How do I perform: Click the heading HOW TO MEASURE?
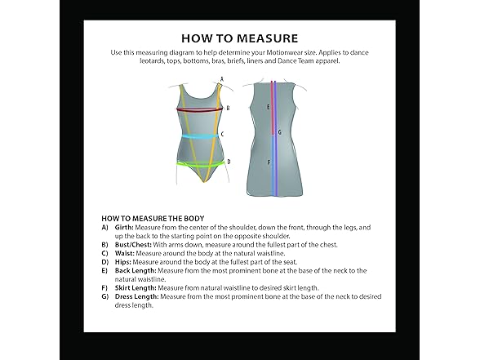point(240,38)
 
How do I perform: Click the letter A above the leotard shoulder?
point(222,79)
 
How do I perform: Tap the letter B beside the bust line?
point(228,108)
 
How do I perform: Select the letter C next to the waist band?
point(223,134)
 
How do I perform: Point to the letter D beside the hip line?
point(229,162)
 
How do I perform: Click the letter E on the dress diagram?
point(268,107)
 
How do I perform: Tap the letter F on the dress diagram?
point(269,162)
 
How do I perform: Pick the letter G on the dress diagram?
point(279,132)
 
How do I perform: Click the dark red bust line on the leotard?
point(199,110)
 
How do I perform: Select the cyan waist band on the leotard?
point(199,137)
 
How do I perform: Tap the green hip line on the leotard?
point(201,165)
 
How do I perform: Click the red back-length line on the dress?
point(272,108)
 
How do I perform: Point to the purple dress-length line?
point(276,138)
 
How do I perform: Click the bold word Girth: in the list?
point(124,228)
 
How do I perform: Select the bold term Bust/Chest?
point(133,245)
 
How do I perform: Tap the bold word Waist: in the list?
point(125,253)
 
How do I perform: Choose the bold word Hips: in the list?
point(123,262)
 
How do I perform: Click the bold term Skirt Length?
point(136,288)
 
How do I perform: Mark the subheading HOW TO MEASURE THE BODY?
point(153,219)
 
